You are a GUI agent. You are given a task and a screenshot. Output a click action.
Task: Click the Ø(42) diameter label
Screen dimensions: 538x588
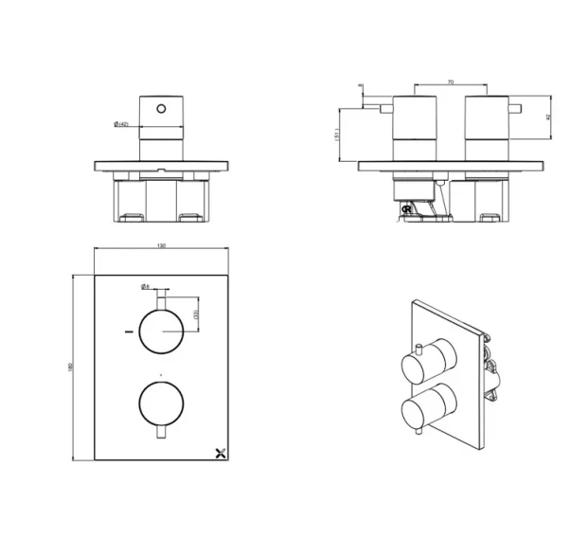click(120, 124)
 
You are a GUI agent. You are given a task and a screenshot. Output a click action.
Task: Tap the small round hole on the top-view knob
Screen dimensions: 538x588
click(161, 110)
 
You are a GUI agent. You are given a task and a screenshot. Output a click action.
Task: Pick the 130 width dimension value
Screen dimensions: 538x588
click(161, 247)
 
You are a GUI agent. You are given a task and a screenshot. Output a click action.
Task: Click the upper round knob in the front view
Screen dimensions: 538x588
click(161, 332)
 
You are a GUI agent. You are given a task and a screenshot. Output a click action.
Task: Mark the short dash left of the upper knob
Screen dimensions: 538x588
click(127, 332)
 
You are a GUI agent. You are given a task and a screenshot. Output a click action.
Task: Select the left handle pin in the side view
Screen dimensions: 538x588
click(385, 110)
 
